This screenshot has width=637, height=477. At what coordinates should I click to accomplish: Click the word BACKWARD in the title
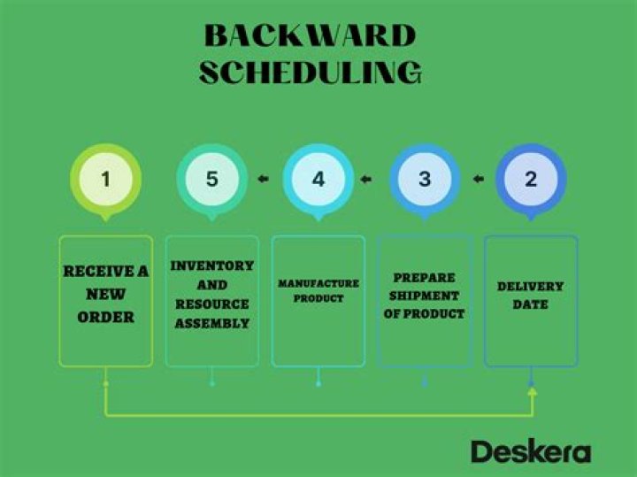(310, 36)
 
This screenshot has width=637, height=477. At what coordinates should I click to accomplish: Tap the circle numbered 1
(105, 179)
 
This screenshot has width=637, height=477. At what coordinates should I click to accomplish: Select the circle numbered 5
(211, 179)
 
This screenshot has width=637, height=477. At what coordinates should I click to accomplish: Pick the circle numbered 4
(318, 179)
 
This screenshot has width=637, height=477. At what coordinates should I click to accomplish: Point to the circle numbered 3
(425, 179)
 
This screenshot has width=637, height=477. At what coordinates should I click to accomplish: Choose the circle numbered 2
(531, 179)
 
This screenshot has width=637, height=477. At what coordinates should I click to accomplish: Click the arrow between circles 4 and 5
(264, 180)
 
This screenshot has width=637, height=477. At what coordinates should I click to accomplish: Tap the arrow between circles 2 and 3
(478, 180)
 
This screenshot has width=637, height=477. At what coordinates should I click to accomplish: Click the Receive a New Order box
(105, 301)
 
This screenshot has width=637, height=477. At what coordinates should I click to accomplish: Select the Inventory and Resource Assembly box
(211, 301)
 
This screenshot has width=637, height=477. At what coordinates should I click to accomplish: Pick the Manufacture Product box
(318, 301)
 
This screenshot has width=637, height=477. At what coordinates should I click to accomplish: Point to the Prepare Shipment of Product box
(425, 301)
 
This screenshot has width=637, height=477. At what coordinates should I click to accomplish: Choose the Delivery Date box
(531, 301)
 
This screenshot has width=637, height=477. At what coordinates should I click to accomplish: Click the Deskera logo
(530, 451)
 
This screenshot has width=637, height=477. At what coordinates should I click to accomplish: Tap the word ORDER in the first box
(105, 317)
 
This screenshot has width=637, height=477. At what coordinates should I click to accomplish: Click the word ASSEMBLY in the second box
(211, 324)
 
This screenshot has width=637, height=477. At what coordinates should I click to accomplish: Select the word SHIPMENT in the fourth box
(425, 296)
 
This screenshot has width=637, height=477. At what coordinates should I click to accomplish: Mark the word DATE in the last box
(531, 305)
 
